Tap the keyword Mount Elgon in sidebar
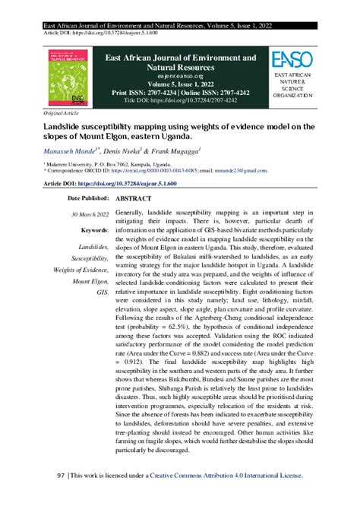tap(91, 280)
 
